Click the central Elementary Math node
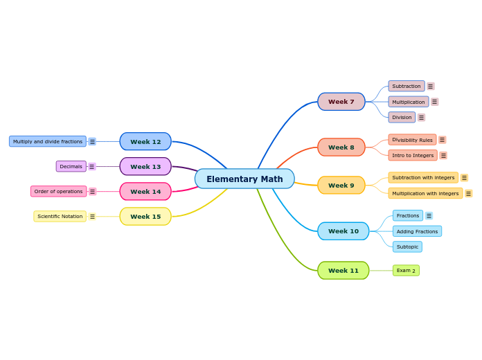pos(244,179)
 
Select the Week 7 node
pos(341,102)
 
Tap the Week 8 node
pos(341,147)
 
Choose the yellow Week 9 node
pos(341,186)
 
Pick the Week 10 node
pos(343,231)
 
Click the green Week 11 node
pos(343,271)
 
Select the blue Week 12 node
pos(145,142)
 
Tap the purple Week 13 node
pos(145,167)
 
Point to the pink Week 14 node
pos(145,192)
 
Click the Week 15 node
pos(145,217)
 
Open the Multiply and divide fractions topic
pos(48,141)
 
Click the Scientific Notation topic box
pos(60,217)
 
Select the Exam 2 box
pos(406,271)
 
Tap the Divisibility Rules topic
pos(412,140)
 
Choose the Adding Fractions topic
pos(417,231)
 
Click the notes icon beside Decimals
pos(92,167)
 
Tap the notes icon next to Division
pos(421,118)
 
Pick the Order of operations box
pos(58,192)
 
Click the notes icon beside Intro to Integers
pos(443,156)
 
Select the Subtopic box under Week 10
pos(407,247)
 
